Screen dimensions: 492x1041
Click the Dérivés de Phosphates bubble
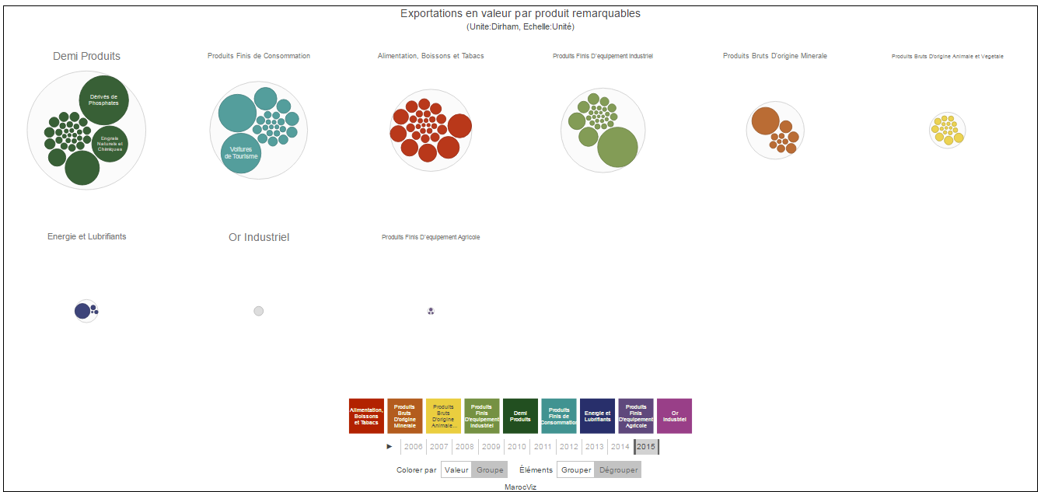104,99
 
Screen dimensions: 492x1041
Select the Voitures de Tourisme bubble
241,153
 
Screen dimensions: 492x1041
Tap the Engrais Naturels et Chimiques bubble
110,144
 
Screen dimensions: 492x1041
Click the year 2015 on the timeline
646,447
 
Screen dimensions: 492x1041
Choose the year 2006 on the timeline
414,447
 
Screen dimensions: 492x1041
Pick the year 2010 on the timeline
517,447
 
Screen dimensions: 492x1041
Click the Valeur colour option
456,470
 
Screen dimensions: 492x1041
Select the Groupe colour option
490,470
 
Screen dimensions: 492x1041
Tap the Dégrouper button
619,470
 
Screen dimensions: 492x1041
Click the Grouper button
576,470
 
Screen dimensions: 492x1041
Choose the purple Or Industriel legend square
674,416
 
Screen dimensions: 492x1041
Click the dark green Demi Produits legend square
520,416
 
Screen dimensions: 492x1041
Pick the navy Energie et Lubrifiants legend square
597,416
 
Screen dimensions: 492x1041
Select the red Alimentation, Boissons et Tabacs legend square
367,416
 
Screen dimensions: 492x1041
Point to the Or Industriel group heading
259,237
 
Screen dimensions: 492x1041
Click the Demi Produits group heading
86,56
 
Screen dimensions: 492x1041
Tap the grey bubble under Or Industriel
259,311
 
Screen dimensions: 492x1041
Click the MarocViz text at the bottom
520,487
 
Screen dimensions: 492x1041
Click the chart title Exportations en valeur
520,13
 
